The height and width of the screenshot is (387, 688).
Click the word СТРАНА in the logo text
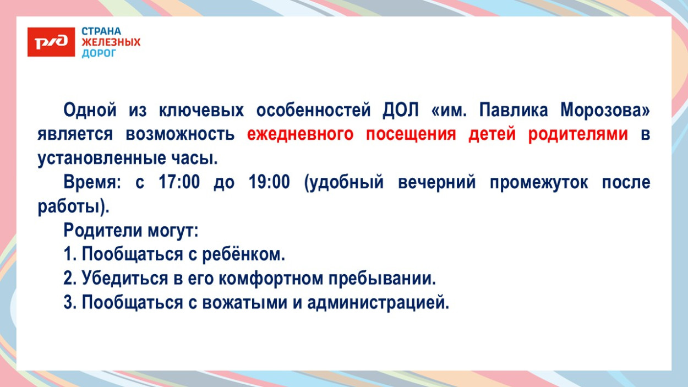[101, 31]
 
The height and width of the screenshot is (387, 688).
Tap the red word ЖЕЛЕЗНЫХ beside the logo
[111, 42]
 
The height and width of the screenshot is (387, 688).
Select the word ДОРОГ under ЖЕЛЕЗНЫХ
[99, 53]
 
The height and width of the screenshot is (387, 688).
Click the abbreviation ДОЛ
[401, 110]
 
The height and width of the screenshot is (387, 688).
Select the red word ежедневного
[300, 134]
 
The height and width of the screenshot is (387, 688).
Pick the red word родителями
[578, 134]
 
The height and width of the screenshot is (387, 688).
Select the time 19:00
[269, 182]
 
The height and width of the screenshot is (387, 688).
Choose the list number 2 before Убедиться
[69, 279]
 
